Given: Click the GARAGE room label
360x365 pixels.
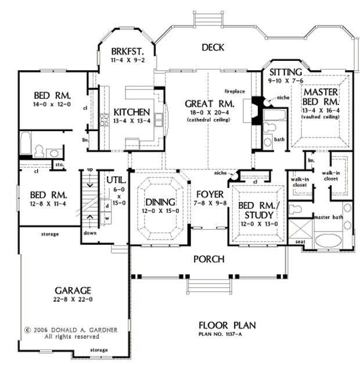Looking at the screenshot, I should click(74, 290).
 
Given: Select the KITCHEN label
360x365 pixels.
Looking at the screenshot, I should click(132, 112).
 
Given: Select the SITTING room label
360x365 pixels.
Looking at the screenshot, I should click(285, 71).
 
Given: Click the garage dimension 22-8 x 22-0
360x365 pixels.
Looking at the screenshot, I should click(74, 299).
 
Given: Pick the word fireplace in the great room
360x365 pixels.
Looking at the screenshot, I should click(236, 91).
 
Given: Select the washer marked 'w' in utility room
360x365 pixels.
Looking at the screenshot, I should click(107, 218).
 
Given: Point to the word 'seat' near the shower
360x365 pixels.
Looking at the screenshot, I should click(300, 242).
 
